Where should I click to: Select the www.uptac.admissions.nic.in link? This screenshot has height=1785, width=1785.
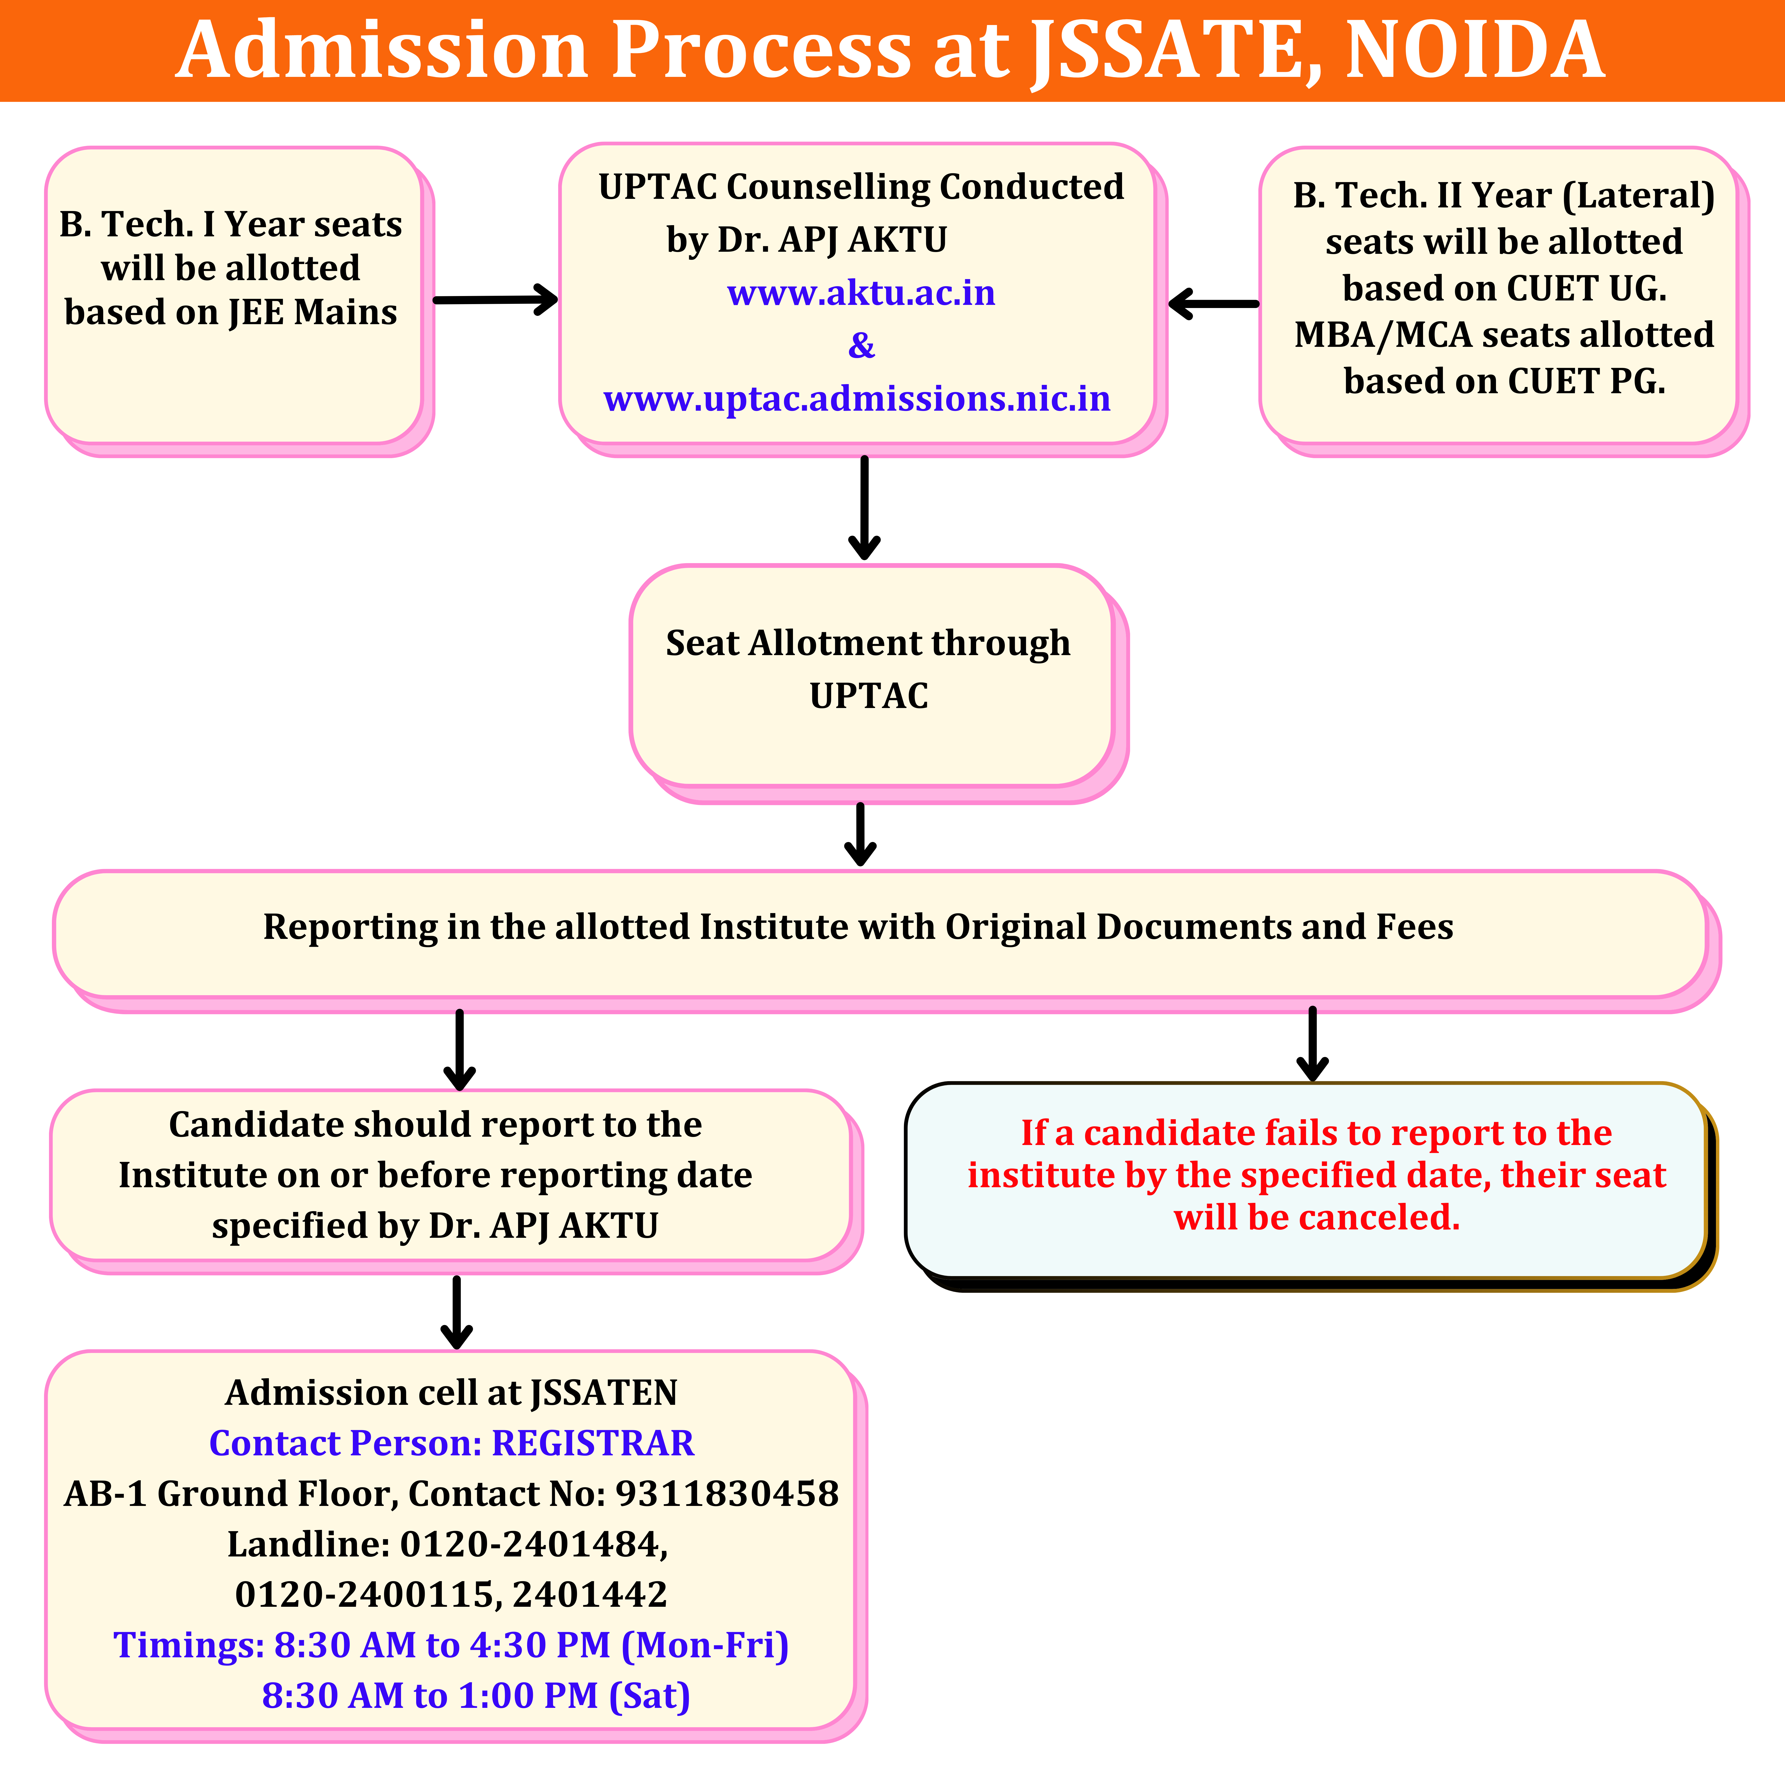click(x=857, y=399)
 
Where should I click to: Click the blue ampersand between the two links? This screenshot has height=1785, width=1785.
click(x=861, y=346)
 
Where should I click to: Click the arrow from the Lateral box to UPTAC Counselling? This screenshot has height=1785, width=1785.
click(x=1213, y=303)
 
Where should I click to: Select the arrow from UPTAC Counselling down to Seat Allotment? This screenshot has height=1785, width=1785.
click(x=864, y=508)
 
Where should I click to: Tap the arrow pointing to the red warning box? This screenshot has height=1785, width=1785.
click(x=1312, y=1044)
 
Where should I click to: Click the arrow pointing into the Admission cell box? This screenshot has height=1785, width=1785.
click(x=457, y=1312)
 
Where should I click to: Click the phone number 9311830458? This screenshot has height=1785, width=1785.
click(x=727, y=1494)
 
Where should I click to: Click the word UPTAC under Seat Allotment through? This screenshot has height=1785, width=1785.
click(x=869, y=696)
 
